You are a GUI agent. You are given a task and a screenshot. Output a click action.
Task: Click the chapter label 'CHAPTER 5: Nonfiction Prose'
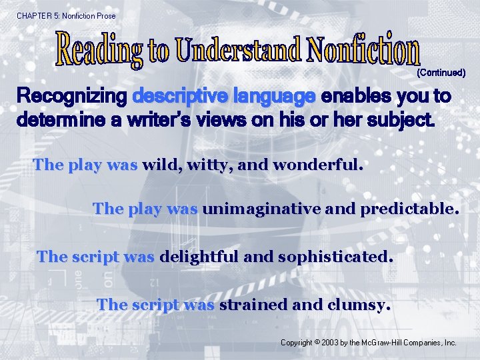pyautogui.click(x=66, y=15)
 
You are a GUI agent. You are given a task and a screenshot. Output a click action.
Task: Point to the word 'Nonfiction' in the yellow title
pyautogui.click(x=365, y=48)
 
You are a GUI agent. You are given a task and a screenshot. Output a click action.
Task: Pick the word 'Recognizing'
pyautogui.click(x=71, y=97)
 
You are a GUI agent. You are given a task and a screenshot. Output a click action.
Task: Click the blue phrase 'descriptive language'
pyautogui.click(x=224, y=97)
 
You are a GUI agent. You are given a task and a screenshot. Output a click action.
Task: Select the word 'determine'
pyautogui.click(x=59, y=122)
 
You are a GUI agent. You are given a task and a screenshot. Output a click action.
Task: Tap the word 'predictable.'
pyautogui.click(x=409, y=209)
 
